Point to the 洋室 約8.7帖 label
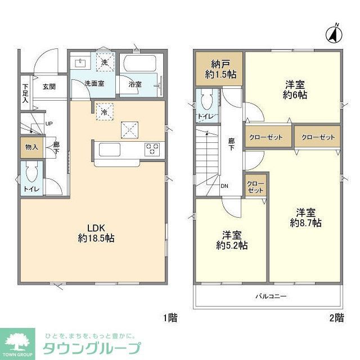(x=305, y=218)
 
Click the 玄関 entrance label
(x=49, y=87)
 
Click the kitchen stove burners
(x=152, y=150)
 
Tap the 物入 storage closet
(x=31, y=147)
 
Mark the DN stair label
(x=224, y=186)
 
